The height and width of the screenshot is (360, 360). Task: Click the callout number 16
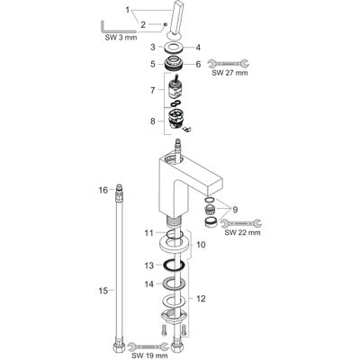click(x=103, y=190)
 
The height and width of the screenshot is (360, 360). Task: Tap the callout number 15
click(x=103, y=291)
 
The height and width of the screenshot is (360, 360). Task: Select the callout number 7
click(x=153, y=90)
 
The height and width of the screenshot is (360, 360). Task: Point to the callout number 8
click(x=153, y=121)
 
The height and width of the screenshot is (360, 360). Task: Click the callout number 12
click(x=201, y=299)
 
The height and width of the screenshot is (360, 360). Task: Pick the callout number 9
click(x=235, y=210)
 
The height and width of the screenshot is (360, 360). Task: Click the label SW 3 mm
click(x=121, y=38)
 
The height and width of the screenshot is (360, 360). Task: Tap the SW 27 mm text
click(x=229, y=73)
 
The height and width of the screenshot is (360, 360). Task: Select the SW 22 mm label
click(x=242, y=232)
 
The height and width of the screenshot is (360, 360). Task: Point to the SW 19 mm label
click(x=149, y=356)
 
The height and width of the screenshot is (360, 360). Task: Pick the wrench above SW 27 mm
click(x=230, y=63)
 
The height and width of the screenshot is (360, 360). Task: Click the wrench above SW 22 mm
click(x=242, y=223)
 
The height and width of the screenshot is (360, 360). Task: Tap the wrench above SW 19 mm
click(x=148, y=346)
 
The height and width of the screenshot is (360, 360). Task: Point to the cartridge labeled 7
click(x=175, y=88)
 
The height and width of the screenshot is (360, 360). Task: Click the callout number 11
click(x=149, y=233)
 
